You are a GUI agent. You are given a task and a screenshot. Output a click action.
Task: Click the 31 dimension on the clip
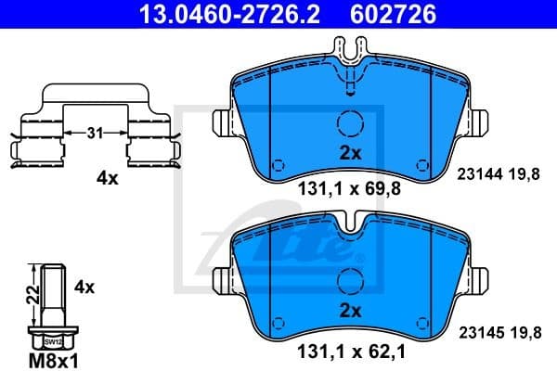click(93, 134)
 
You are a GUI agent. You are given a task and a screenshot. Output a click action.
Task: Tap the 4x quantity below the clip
click(108, 179)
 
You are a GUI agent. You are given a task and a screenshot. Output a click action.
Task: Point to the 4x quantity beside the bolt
click(84, 288)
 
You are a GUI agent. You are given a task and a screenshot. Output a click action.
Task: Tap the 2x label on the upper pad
click(350, 151)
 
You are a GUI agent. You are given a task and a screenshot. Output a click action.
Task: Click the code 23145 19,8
click(499, 329)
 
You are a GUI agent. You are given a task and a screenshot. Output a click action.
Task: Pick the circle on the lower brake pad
click(350, 280)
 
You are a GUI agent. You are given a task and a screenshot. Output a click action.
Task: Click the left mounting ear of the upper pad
click(223, 122)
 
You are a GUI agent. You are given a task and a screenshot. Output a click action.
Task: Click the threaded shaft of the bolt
click(54, 292)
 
